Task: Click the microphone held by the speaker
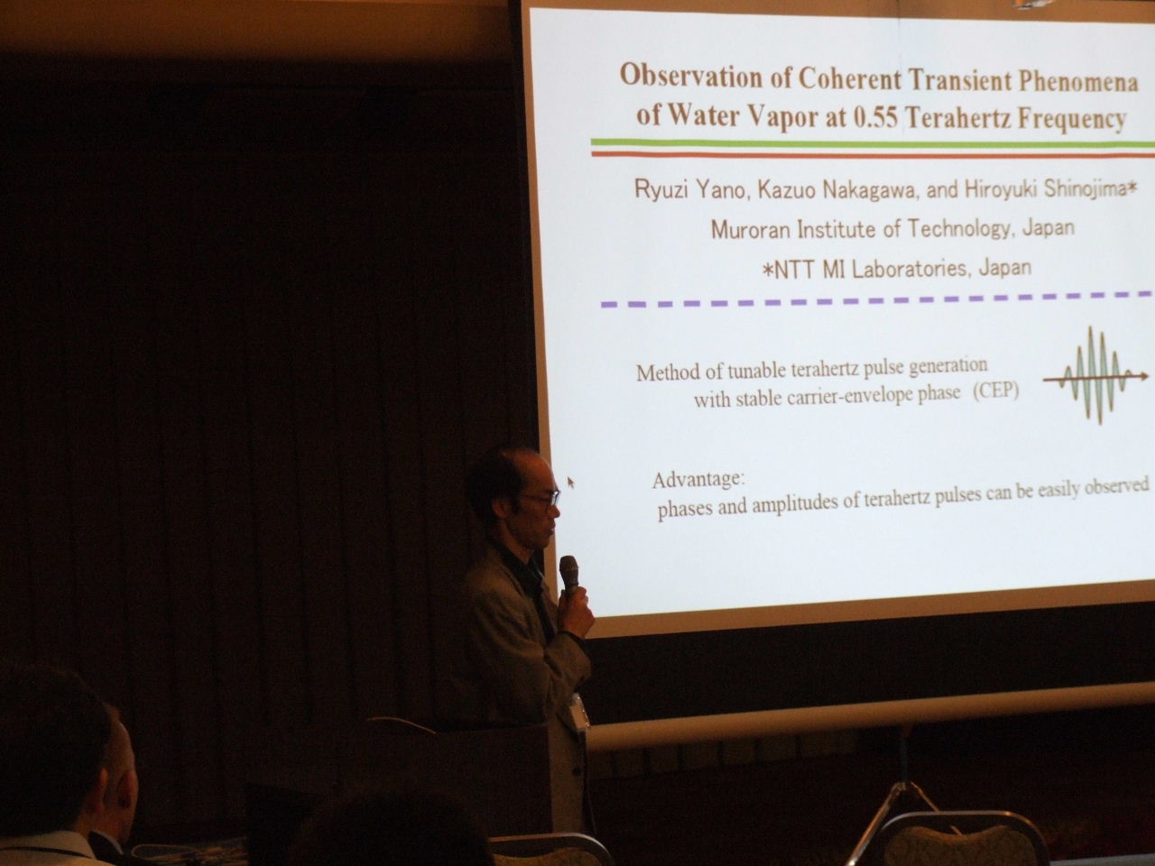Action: tap(568, 576)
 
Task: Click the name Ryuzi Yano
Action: tap(690, 189)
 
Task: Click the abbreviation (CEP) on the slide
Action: tap(995, 392)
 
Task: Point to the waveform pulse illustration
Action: tap(1095, 375)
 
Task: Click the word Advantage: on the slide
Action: tap(698, 480)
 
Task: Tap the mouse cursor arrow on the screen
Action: tap(571, 482)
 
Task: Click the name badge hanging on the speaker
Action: tap(580, 712)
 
